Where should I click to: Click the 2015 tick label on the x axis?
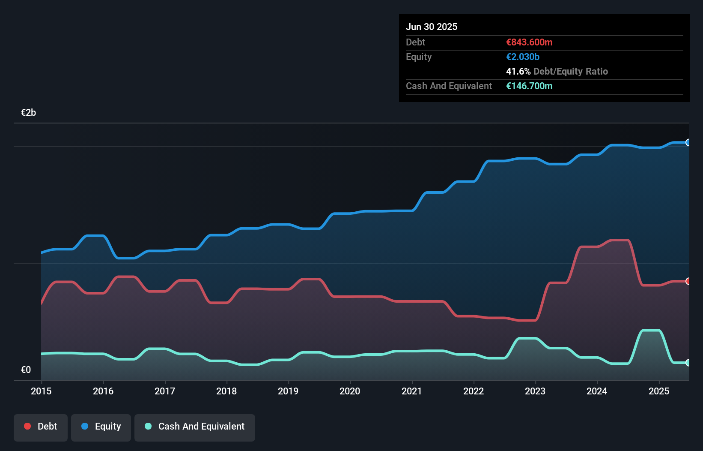[41, 391]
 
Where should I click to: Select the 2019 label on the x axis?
[288, 391]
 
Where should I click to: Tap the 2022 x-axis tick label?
[474, 391]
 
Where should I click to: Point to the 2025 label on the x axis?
[659, 391]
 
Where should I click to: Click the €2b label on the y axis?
[28, 113]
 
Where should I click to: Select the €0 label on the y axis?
[26, 370]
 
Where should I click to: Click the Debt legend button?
[41, 427]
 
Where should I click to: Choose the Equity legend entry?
[101, 427]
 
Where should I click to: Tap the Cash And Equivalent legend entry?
[195, 427]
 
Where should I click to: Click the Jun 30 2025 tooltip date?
[432, 27]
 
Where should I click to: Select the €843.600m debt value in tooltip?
[529, 42]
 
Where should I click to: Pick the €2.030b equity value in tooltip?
[523, 57]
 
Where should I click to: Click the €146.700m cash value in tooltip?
[529, 86]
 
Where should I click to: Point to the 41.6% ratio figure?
[518, 72]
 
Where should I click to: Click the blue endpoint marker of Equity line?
[688, 142]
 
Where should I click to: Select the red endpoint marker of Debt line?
[688, 281]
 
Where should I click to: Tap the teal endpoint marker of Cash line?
[688, 363]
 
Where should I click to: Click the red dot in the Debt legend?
[27, 426]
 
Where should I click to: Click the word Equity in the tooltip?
[419, 57]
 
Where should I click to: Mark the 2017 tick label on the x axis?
[165, 391]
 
